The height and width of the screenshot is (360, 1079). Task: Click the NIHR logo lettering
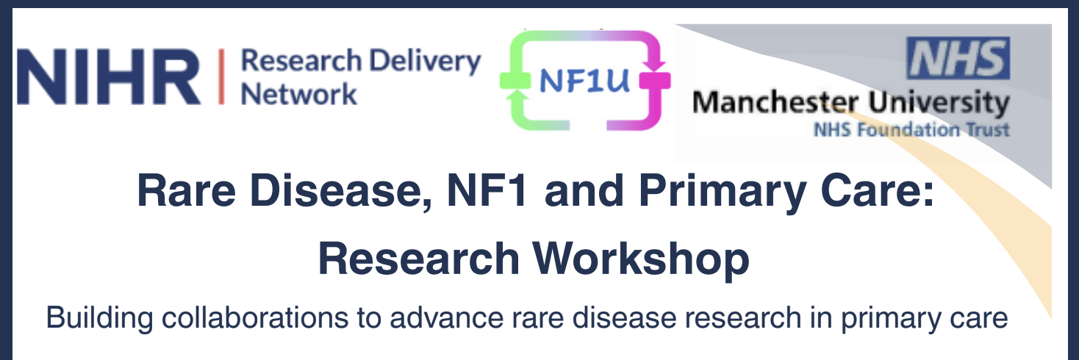(109, 76)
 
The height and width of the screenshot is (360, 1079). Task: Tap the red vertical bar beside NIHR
(221, 76)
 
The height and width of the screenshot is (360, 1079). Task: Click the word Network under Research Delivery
(298, 93)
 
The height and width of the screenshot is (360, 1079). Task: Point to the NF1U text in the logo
(584, 80)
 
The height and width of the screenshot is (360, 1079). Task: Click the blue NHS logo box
(958, 58)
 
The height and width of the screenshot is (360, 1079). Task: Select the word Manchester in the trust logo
(775, 103)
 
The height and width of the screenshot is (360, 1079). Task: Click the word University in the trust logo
(939, 103)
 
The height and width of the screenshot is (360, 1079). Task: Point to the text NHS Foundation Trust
(911, 129)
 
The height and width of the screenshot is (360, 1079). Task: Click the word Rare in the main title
(187, 190)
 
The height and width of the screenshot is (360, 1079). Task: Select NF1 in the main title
(487, 190)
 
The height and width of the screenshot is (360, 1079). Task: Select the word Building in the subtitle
(99, 319)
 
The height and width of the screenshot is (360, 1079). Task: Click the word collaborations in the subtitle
(255, 317)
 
